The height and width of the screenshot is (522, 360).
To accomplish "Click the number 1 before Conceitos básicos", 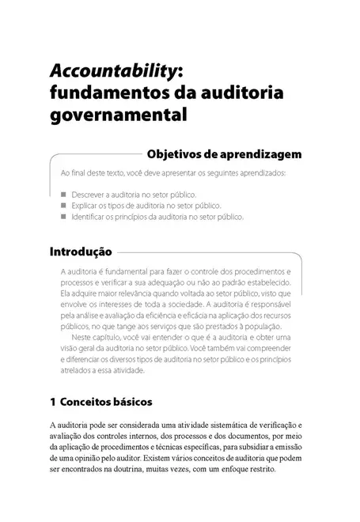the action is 52,401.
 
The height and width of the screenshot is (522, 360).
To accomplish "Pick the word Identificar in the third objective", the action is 89,216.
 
